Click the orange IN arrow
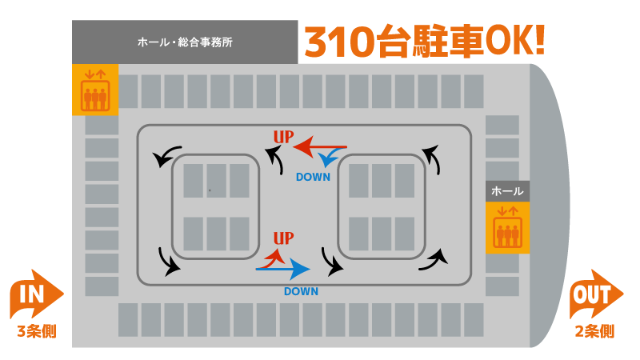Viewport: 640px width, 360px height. pyautogui.click(x=36, y=294)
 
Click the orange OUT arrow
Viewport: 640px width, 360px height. pyautogui.click(x=596, y=294)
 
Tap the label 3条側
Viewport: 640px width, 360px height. pyautogui.click(x=37, y=331)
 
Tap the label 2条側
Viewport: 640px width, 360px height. pyautogui.click(x=594, y=331)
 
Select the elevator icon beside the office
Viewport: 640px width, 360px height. pyautogui.click(x=95, y=90)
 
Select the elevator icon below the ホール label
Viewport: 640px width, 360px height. pyautogui.click(x=507, y=228)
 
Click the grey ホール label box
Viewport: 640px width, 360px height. pyautogui.click(x=507, y=191)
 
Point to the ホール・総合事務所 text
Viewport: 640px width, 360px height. pyautogui.click(x=185, y=42)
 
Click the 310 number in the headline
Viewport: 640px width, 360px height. pyautogui.click(x=339, y=42)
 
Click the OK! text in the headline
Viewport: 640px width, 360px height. pyautogui.click(x=515, y=41)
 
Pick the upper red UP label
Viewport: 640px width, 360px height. pyautogui.click(x=283, y=137)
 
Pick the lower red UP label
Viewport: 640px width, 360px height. pyautogui.click(x=283, y=238)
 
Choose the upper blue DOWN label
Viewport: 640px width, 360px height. pyautogui.click(x=313, y=177)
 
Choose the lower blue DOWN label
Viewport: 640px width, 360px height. pyautogui.click(x=302, y=291)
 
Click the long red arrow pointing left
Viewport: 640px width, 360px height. pyautogui.click(x=320, y=146)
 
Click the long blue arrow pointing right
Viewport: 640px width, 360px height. pyautogui.click(x=283, y=269)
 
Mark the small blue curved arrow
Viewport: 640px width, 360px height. pyautogui.click(x=329, y=157)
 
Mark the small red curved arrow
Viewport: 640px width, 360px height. pyautogui.click(x=274, y=261)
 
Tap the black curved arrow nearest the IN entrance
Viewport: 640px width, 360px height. pyautogui.click(x=167, y=263)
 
